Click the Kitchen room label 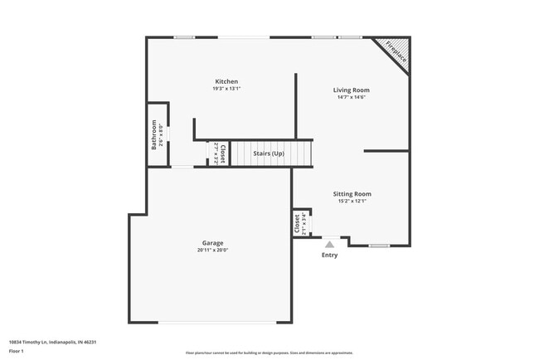click(226, 81)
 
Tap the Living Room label click(352, 90)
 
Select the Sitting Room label click(352, 193)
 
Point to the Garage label click(213, 243)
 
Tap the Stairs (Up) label click(269, 153)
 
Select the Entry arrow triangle click(330, 244)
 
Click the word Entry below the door click(330, 255)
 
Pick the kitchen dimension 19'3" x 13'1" click(226, 89)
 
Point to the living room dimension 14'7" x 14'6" click(352, 97)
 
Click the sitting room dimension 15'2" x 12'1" click(352, 201)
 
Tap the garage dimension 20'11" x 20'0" click(213, 251)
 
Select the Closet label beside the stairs click(223, 153)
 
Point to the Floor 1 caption click(17, 351)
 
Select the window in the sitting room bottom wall click(380, 246)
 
